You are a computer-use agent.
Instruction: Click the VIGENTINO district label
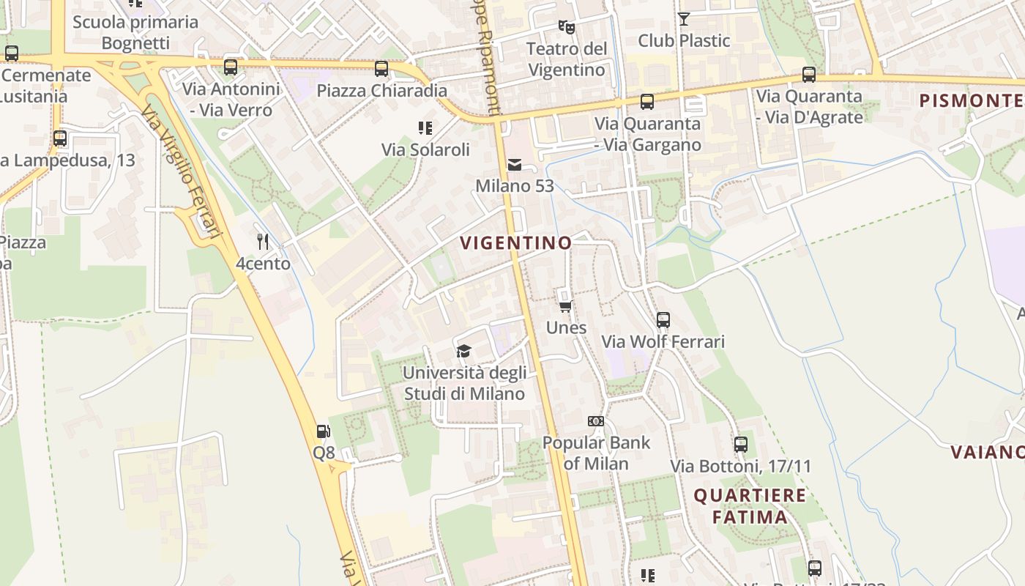click(x=516, y=243)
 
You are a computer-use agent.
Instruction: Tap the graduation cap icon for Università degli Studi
click(x=463, y=352)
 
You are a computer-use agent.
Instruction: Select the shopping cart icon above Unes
click(x=565, y=306)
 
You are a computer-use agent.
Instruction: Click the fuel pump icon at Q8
click(x=323, y=431)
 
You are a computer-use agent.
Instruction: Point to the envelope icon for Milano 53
click(x=515, y=164)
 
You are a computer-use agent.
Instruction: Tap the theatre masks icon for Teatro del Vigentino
click(x=566, y=27)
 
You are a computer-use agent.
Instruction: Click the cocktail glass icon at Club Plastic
click(x=684, y=19)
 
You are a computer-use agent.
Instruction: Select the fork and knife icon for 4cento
click(x=263, y=242)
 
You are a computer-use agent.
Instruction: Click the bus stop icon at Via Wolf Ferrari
click(x=663, y=320)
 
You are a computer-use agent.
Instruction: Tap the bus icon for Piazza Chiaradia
click(x=381, y=69)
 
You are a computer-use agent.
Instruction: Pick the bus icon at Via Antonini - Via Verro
click(x=231, y=67)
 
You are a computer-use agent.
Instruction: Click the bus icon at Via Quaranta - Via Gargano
click(x=647, y=102)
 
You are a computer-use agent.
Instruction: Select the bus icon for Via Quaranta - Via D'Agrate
click(x=809, y=75)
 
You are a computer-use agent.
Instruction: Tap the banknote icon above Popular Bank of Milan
click(x=596, y=421)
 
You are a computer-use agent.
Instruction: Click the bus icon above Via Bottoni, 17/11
click(x=741, y=445)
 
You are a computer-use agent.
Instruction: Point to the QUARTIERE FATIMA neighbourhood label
click(x=750, y=506)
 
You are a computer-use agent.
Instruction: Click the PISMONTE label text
click(x=971, y=101)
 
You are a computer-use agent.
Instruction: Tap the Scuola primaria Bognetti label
click(x=135, y=32)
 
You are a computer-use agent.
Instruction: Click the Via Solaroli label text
click(x=425, y=149)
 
